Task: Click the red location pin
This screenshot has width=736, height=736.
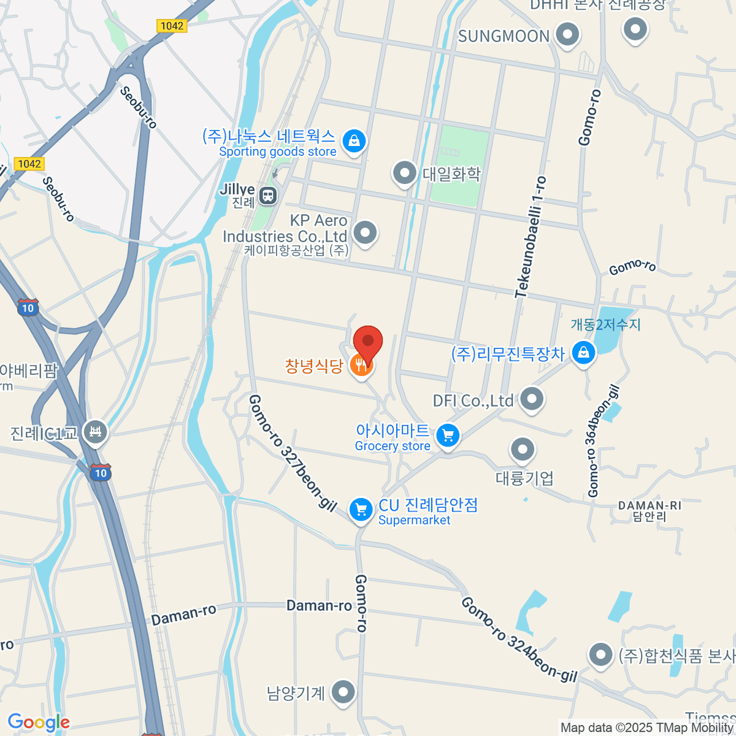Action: click(x=368, y=341)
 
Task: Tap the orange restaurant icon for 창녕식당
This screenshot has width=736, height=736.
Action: click(x=361, y=366)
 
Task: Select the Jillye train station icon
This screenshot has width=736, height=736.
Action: click(x=268, y=196)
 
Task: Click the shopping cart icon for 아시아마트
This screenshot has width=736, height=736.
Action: click(x=448, y=436)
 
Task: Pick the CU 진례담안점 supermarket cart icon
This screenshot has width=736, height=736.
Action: click(x=361, y=509)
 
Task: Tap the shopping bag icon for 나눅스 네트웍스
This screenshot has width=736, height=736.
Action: click(x=354, y=142)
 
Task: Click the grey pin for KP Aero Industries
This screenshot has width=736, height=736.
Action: click(x=366, y=233)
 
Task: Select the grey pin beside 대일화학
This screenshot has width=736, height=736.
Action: click(x=404, y=173)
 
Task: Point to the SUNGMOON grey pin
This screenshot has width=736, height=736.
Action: click(x=567, y=34)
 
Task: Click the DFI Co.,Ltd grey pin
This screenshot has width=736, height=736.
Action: click(x=532, y=399)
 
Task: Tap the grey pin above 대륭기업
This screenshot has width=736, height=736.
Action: click(x=523, y=450)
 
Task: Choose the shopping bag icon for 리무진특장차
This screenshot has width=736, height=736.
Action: click(x=583, y=353)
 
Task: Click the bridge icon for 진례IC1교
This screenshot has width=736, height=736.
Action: click(x=96, y=432)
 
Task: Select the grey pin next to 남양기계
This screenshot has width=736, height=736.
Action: click(x=343, y=692)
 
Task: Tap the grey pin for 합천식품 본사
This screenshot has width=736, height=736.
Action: click(x=600, y=654)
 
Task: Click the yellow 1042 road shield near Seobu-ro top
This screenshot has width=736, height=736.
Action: click(x=171, y=26)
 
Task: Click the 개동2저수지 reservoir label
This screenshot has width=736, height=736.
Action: click(x=605, y=324)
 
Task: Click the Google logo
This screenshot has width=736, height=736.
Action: click(x=39, y=723)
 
